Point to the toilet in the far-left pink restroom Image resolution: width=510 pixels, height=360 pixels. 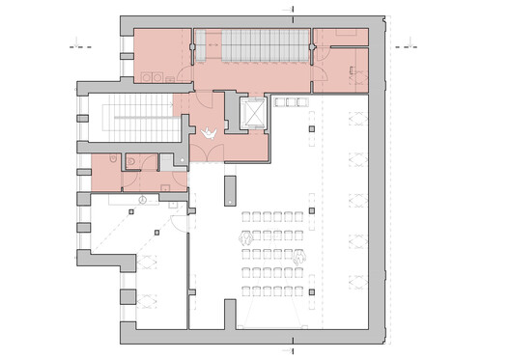pos(113,160)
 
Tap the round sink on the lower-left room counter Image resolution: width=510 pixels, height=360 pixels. pos(143,201)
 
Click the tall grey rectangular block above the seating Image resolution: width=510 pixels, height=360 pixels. pos(230,190)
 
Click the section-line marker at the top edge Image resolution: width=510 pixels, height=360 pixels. pos(292,8)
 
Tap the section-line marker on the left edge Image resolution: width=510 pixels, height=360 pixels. pos(79,44)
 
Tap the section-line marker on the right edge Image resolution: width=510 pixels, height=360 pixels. pos(405,44)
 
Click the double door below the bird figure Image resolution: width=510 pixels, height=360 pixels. pos(207,151)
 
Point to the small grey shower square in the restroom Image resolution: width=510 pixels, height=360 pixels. pos(180,160)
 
